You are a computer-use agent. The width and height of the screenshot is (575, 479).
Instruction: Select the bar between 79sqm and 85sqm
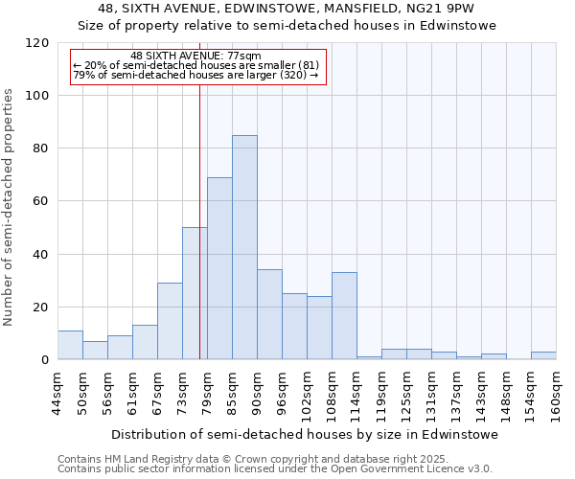[219, 268]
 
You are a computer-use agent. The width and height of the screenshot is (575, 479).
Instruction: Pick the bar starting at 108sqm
[344, 316]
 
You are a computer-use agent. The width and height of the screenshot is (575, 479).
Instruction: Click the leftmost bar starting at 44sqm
[70, 345]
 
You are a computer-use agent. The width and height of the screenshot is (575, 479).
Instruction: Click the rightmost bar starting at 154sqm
[543, 355]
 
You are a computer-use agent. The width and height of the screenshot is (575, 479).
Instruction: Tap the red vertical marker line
[199, 220]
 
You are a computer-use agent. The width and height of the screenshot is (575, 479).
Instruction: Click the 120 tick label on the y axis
[38, 43]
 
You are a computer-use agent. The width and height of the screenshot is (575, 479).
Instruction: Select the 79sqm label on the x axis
[208, 393]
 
